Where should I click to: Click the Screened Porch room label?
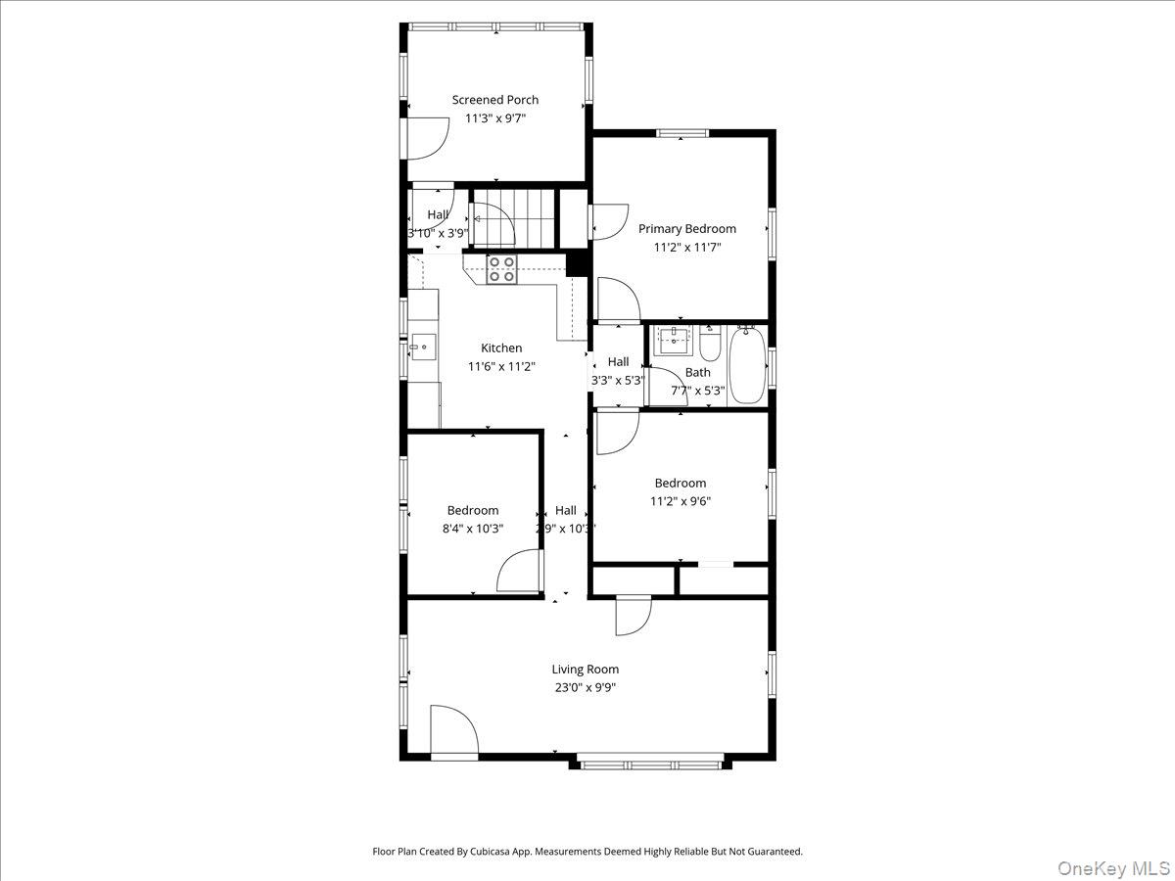[494, 100]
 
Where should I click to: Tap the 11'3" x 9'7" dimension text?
[494, 118]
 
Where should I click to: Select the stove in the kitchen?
[501, 269]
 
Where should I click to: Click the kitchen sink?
[422, 344]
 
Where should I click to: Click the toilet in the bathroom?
[710, 345]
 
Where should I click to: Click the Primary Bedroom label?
[686, 229]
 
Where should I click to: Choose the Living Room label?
[585, 670]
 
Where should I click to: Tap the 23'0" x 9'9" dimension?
[585, 687]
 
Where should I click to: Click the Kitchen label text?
[501, 348]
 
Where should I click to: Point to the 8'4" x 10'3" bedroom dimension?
[472, 529]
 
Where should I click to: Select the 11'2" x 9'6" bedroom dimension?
[680, 501]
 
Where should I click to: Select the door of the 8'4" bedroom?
[519, 572]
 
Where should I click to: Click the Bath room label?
[698, 373]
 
